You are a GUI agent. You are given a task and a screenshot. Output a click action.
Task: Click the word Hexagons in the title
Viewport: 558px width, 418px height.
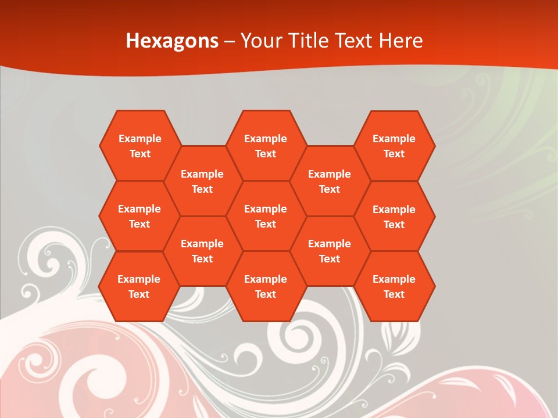pyautogui.click(x=172, y=41)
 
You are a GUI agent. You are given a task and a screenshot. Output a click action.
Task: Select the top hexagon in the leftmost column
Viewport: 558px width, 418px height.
pyautogui.click(x=140, y=146)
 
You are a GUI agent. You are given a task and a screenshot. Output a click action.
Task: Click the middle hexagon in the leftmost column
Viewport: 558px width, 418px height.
pyautogui.click(x=139, y=216)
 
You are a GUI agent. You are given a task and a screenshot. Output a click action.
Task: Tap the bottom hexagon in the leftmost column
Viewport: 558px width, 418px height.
pyautogui.click(x=139, y=286)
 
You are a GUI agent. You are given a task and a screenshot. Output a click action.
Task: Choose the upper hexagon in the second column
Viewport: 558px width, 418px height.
pyautogui.click(x=202, y=181)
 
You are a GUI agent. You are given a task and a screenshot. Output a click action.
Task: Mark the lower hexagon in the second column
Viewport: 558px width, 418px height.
pyautogui.click(x=202, y=251)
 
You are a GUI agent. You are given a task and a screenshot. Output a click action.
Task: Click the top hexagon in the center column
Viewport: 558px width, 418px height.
pyautogui.click(x=266, y=146)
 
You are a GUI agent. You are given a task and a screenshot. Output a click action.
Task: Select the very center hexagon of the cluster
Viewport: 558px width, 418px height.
pyautogui.click(x=266, y=216)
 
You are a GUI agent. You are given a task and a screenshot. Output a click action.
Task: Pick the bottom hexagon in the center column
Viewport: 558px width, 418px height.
pyautogui.click(x=266, y=286)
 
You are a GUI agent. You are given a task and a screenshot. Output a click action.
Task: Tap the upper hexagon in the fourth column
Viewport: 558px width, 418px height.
pyautogui.click(x=330, y=181)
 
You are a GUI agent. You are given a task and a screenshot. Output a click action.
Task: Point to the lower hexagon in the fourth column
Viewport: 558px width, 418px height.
pyautogui.click(x=330, y=251)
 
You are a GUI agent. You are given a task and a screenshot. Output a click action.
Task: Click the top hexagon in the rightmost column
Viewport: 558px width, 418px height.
pyautogui.click(x=394, y=146)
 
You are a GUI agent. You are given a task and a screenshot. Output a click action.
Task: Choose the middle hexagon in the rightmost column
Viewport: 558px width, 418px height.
pyautogui.click(x=394, y=217)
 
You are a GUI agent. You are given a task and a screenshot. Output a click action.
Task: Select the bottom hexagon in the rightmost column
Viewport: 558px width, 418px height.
pyautogui.click(x=394, y=286)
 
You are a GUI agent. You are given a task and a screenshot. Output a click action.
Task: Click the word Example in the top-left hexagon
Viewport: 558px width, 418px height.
pyautogui.click(x=140, y=139)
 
